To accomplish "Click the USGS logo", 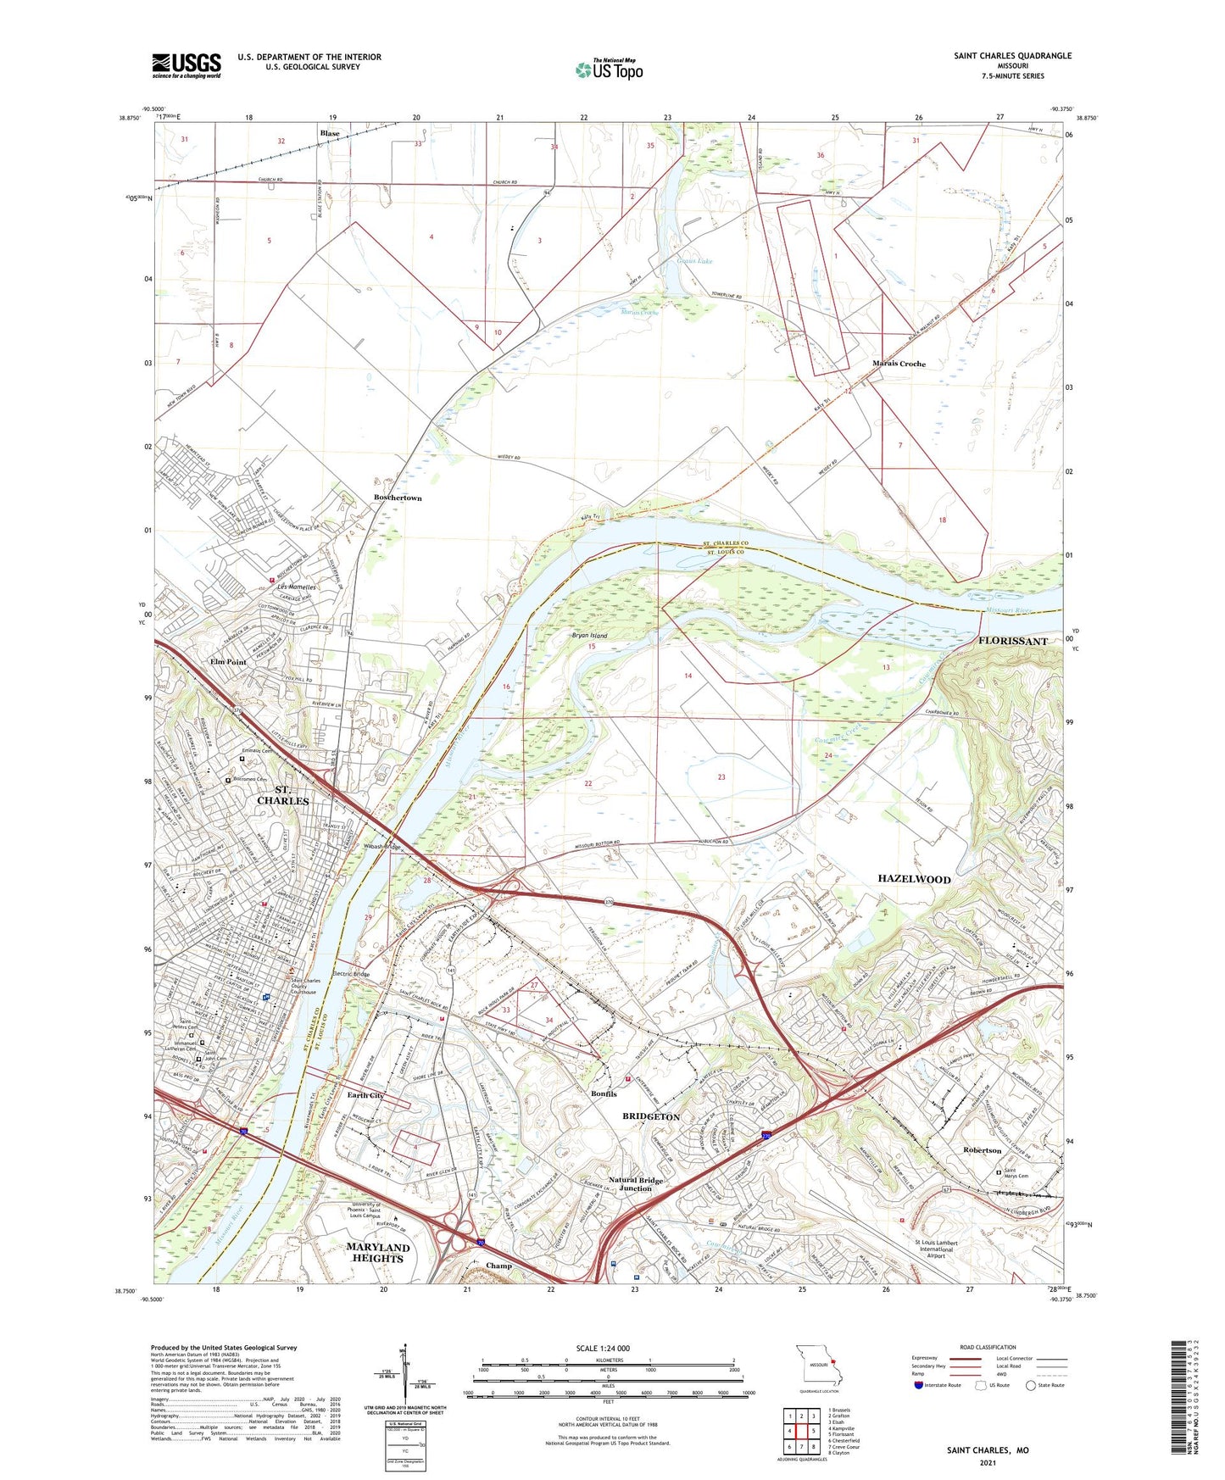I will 187,64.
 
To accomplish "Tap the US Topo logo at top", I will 609,70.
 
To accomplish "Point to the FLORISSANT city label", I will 1012,641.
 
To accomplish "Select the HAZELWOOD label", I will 913,879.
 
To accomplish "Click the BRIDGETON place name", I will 651,1116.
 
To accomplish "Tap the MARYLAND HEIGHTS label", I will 378,1253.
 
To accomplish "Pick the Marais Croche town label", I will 899,364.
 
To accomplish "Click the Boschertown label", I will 398,498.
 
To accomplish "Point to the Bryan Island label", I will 589,635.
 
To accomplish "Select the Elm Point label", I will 228,661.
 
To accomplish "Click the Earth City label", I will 365,1095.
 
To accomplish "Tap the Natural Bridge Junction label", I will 636,1183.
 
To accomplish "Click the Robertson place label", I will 982,1150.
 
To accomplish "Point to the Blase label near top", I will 330,133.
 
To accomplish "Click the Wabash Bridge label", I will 381,847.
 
